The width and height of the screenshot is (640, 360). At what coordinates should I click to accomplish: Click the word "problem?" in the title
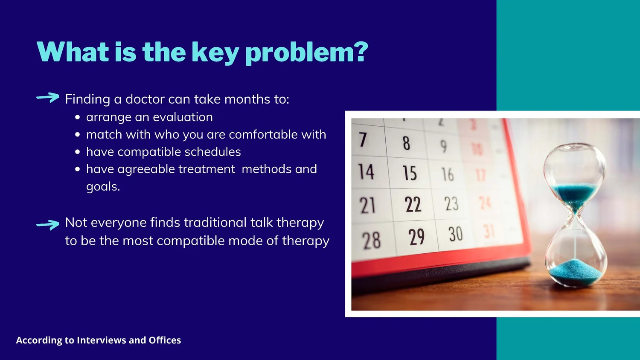coord(307,53)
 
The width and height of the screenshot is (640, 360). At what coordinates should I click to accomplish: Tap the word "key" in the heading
coord(215,53)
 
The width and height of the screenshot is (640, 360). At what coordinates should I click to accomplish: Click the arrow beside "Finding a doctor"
coord(48,97)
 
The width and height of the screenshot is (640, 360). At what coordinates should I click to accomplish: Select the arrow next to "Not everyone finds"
coord(48,224)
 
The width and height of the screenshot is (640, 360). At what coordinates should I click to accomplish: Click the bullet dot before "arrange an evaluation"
coord(77,117)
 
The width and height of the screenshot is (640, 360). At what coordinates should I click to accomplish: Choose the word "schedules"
coord(212,152)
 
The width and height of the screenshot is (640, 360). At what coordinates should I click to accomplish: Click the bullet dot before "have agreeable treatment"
coord(77,169)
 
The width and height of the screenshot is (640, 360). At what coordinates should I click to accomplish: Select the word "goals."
coord(103,187)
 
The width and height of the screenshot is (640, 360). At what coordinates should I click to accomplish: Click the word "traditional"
coord(215,223)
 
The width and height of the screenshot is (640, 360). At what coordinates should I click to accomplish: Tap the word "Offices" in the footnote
coord(165,340)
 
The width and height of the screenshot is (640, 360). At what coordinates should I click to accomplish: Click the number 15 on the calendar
coord(410,173)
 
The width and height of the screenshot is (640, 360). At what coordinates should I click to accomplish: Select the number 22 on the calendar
coord(413,204)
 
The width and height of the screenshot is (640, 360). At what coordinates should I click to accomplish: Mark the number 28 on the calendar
coord(371,240)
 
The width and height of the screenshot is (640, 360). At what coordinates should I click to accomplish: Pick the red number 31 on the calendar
coord(489,231)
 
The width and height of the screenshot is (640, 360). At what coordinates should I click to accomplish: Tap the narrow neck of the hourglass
coord(576,214)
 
